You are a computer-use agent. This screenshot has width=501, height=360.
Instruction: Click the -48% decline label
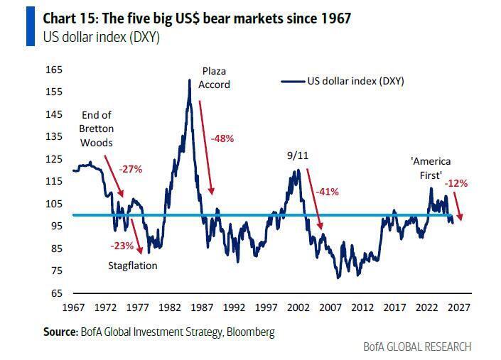coord(222,138)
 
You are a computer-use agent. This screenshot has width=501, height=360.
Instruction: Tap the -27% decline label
coord(130,169)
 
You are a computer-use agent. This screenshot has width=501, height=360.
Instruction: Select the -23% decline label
coord(122,245)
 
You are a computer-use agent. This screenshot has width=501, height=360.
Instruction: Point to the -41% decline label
coord(326,191)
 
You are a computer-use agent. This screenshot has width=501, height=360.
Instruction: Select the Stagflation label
coord(133,266)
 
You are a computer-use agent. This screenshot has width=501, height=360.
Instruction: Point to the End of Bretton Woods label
coord(97,129)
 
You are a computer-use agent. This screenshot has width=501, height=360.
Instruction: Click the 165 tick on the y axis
coord(54,70)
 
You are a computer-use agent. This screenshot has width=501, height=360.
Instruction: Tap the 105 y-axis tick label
coord(54,204)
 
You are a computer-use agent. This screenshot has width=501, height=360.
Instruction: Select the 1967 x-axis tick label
coord(73,308)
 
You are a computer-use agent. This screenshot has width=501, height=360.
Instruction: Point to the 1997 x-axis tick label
coord(266,308)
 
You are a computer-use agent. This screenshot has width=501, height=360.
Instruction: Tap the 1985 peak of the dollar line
coord(190,80)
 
